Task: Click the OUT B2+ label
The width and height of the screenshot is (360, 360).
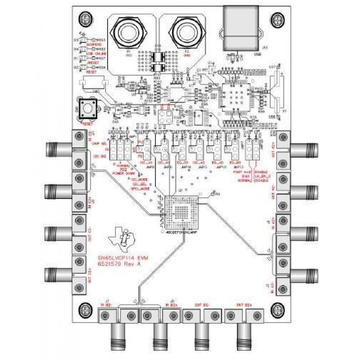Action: click(x=244, y=305)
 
